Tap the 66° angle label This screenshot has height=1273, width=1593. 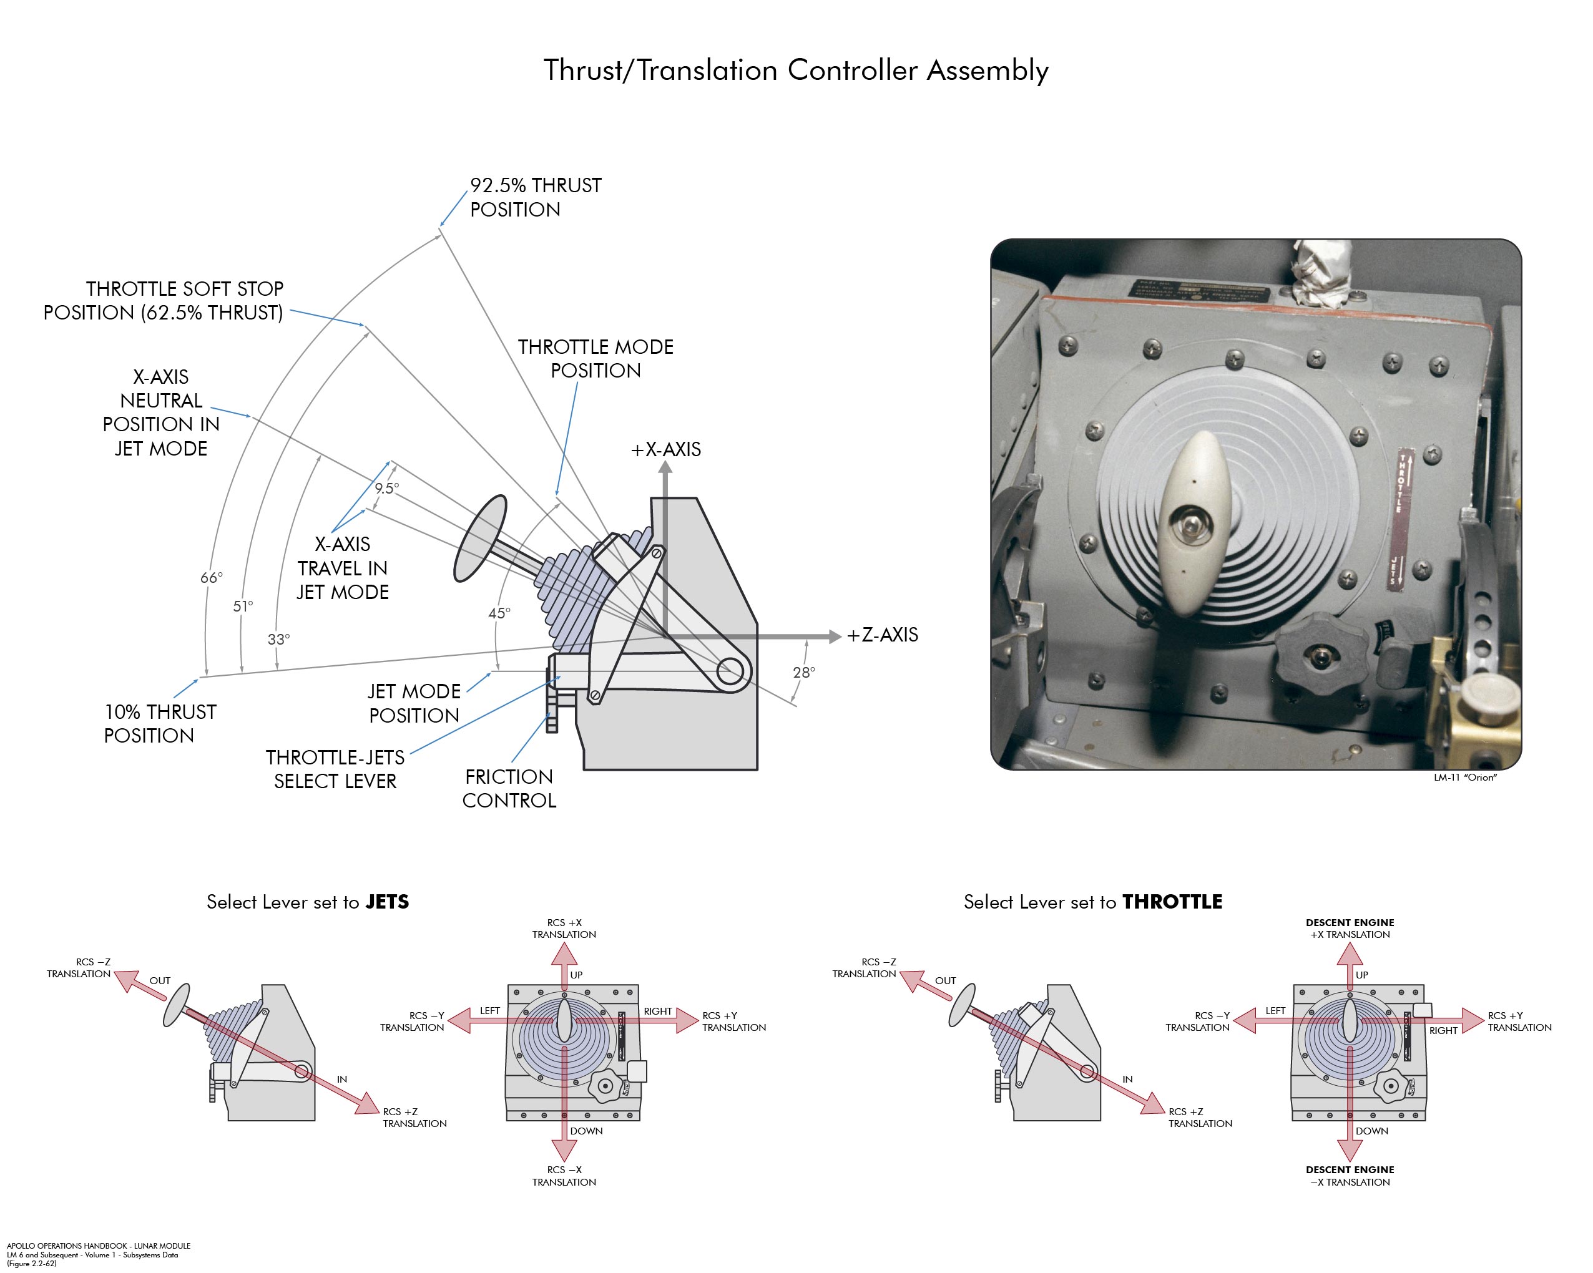pos(212,578)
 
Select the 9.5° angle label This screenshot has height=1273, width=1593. pos(386,489)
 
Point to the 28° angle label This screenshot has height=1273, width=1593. pos(804,672)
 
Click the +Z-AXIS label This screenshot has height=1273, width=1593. pos(882,635)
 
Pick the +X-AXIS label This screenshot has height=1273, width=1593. pos(665,449)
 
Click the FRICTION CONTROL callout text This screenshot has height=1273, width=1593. pos(509,788)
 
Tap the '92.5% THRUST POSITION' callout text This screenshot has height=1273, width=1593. pos(536,197)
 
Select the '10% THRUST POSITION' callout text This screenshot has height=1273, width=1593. pos(160,723)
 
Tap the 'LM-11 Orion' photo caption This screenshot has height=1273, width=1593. pos(1464,778)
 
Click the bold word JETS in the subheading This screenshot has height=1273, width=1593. pos(387,902)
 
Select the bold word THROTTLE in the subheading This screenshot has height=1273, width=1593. pos(1172,902)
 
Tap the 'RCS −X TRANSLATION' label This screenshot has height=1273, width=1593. pos(564,1176)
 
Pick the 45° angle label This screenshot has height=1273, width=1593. pos(499,613)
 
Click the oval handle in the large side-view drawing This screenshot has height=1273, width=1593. pos(480,539)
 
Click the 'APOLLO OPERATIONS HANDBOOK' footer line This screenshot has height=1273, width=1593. pos(98,1246)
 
